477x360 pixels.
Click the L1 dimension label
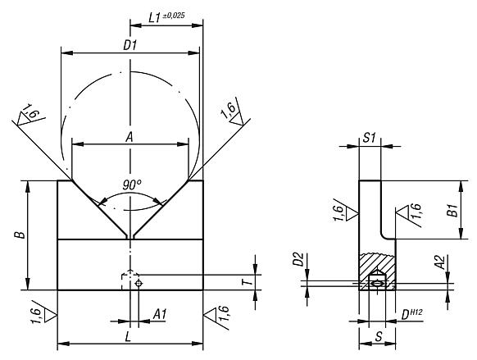coord(154,18)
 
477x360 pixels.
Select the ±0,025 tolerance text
coord(174,16)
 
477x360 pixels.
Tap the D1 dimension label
coord(129,45)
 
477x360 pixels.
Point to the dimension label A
coord(129,138)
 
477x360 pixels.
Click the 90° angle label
coord(132,185)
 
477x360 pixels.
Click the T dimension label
coord(248,282)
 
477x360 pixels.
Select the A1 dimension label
coord(160,314)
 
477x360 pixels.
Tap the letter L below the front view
coord(128,337)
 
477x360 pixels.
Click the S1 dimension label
coord(370,138)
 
